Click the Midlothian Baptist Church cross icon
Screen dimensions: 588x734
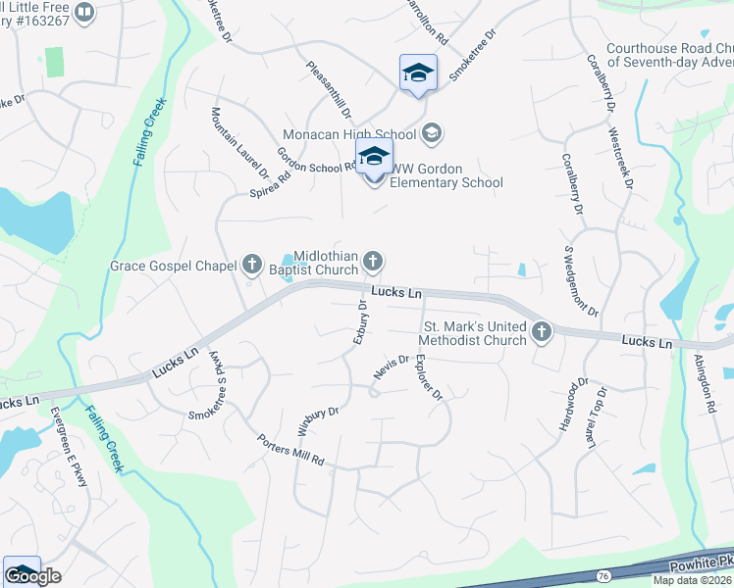[372, 261]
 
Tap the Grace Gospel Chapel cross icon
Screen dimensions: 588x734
[252, 265]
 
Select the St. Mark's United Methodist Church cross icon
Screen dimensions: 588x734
[541, 333]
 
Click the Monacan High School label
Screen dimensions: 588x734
[349, 133]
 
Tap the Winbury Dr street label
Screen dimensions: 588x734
[317, 420]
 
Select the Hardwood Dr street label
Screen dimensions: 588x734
[573, 404]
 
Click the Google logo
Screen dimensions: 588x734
[32, 576]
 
